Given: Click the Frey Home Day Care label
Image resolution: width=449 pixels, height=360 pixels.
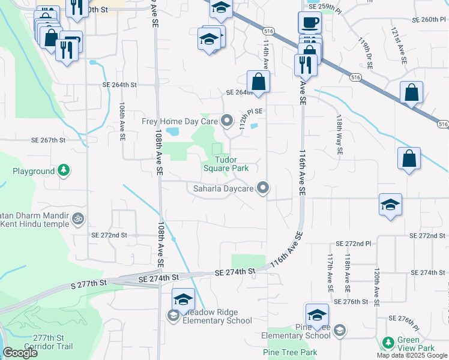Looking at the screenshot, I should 179,121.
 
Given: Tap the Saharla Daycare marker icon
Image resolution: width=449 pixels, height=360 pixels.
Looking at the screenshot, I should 262,188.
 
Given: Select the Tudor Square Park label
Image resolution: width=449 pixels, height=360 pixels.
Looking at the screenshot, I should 232,164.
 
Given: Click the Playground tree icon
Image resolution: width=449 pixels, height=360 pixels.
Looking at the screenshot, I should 63,171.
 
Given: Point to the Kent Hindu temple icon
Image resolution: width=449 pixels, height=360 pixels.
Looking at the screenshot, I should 77,219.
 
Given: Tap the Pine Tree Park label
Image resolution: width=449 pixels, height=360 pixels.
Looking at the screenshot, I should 289,352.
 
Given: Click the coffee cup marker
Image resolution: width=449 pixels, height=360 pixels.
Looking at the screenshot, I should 309,23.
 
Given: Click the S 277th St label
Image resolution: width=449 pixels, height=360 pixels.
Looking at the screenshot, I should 88,282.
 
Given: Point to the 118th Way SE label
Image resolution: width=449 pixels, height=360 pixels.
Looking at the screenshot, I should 339,136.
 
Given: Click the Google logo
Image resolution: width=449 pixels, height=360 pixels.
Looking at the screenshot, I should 19,353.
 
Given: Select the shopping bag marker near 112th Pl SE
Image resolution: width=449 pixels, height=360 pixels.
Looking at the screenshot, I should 258,82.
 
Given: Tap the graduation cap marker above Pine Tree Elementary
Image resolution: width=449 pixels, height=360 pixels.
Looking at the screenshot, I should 317,315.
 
